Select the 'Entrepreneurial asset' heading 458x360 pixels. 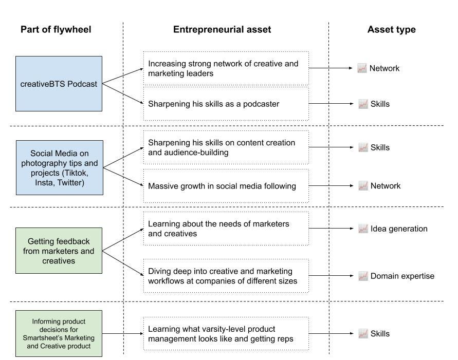[222, 29]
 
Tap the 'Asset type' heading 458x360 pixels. [391, 29]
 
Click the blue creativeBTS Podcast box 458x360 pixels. [59, 84]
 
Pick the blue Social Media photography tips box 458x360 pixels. [60, 167]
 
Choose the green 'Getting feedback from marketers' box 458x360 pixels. [59, 251]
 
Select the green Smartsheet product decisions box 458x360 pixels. [59, 333]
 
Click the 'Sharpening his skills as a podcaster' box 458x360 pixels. [226, 104]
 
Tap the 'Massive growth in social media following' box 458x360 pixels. [226, 186]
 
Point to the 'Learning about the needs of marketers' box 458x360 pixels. [226, 229]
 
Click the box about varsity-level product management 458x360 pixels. [226, 334]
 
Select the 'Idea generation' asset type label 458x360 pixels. [399, 229]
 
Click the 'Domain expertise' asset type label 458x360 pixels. [402, 276]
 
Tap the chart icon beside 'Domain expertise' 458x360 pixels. [362, 276]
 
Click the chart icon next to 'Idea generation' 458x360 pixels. [362, 229]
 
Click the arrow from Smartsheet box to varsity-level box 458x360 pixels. [122, 334]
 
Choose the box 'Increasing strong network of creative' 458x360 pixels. [226, 68]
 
